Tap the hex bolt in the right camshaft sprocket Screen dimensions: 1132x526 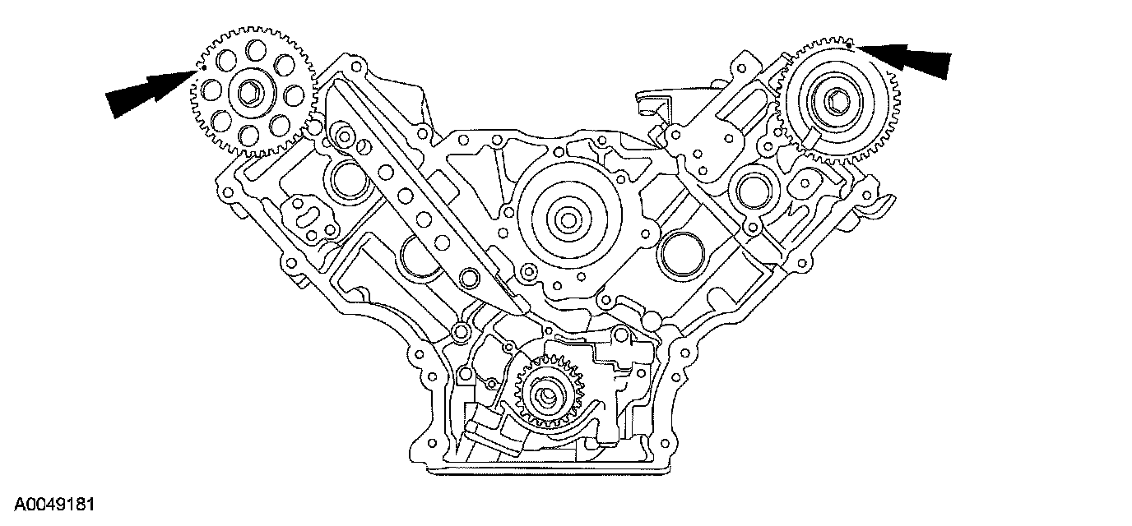point(834,101)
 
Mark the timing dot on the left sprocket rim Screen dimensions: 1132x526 point(204,67)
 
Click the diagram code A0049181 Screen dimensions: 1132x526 point(54,505)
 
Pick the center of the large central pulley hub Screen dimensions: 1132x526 point(568,220)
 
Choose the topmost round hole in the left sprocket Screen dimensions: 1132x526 point(255,49)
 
